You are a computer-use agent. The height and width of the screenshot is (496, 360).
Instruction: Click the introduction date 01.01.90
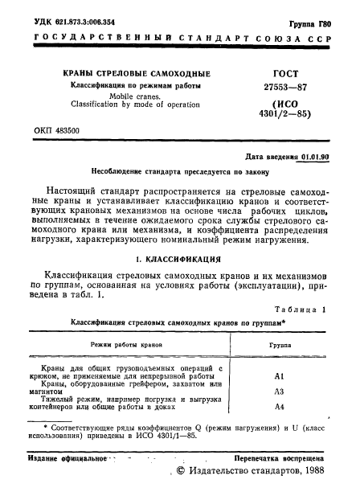313,158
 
